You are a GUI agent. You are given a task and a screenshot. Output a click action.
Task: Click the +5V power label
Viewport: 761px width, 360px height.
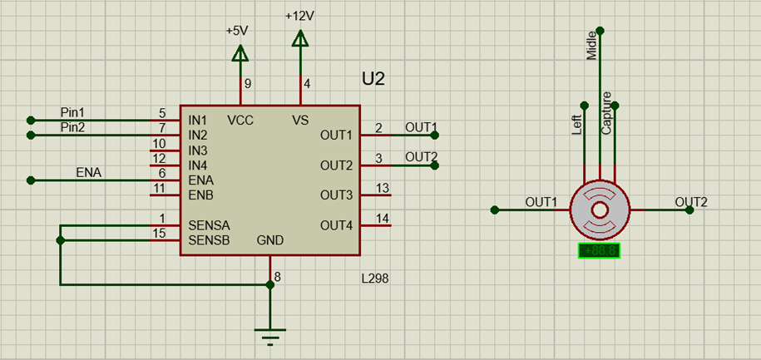[237, 31]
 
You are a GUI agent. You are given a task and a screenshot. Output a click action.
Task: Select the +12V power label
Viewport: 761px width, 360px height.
[300, 16]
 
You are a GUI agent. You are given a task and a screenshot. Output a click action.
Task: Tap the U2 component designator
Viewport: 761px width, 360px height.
[373, 79]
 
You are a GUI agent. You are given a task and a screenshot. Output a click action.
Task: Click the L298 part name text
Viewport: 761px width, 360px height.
[375, 279]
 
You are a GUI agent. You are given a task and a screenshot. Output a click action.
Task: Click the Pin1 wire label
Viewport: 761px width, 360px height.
[72, 112]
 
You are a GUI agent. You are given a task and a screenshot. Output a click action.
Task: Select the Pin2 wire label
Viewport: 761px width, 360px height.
[72, 127]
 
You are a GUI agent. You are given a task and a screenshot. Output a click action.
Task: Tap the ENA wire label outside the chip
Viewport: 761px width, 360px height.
[89, 172]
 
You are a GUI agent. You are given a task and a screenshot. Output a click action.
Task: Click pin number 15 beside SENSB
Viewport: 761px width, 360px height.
[159, 233]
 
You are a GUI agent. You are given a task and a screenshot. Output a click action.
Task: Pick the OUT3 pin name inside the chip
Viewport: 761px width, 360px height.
[336, 195]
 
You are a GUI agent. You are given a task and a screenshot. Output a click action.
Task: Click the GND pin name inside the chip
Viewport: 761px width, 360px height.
[270, 240]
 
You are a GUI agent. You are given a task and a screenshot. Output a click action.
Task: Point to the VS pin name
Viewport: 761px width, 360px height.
[300, 121]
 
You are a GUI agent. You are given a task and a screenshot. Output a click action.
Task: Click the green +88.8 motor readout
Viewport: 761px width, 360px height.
[600, 250]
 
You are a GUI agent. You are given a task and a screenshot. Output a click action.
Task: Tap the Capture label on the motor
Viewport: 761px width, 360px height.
[606, 112]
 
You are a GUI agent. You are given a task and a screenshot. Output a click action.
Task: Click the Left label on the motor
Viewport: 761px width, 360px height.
[576, 125]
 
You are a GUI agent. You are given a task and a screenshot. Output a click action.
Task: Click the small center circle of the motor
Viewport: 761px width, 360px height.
[600, 210]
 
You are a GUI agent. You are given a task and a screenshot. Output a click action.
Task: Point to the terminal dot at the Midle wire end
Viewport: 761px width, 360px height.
[600, 31]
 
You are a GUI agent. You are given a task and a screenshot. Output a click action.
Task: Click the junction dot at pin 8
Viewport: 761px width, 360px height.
[270, 285]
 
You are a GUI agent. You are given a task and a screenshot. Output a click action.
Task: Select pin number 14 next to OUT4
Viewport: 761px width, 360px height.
[383, 219]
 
